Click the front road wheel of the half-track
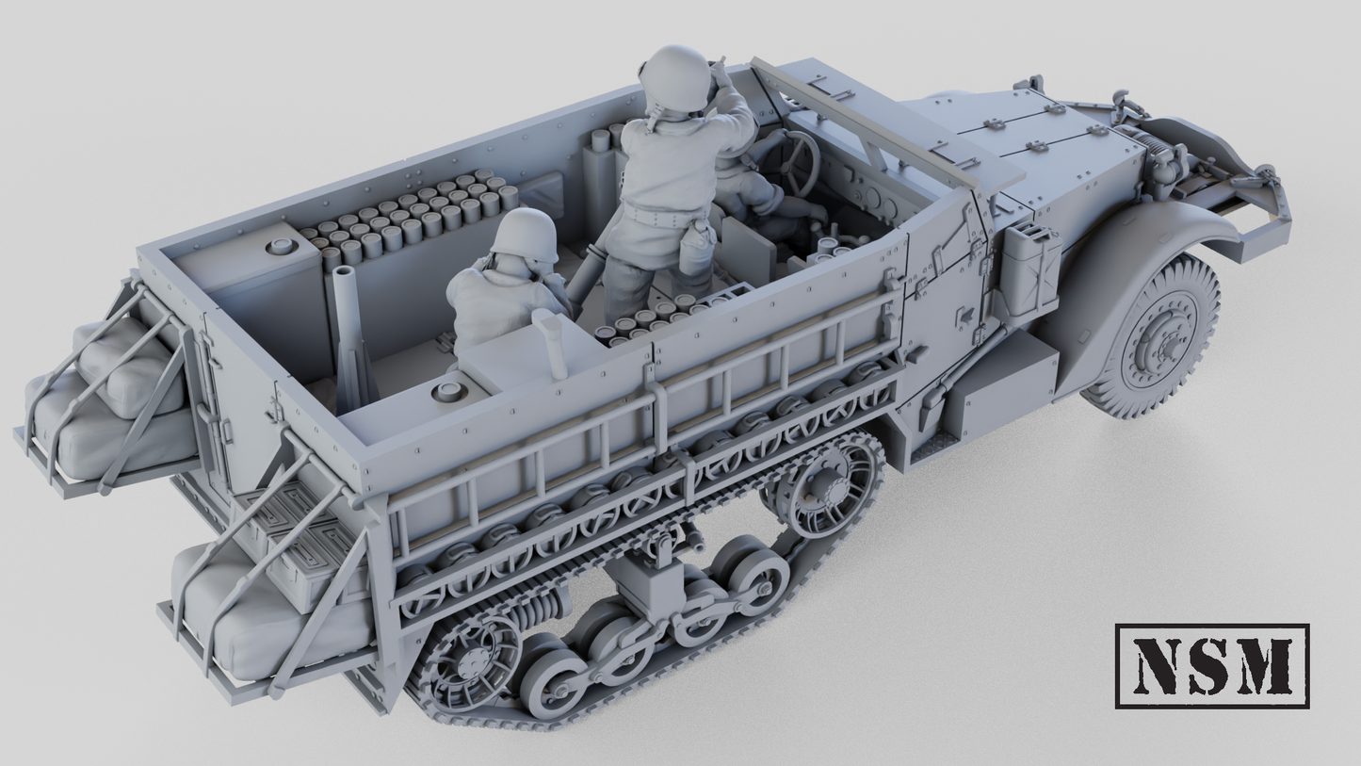[1154, 334]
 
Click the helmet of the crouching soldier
[526, 235]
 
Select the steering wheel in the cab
[797, 162]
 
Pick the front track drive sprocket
[824, 490]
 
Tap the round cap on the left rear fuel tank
[281, 247]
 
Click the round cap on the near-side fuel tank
[448, 389]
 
